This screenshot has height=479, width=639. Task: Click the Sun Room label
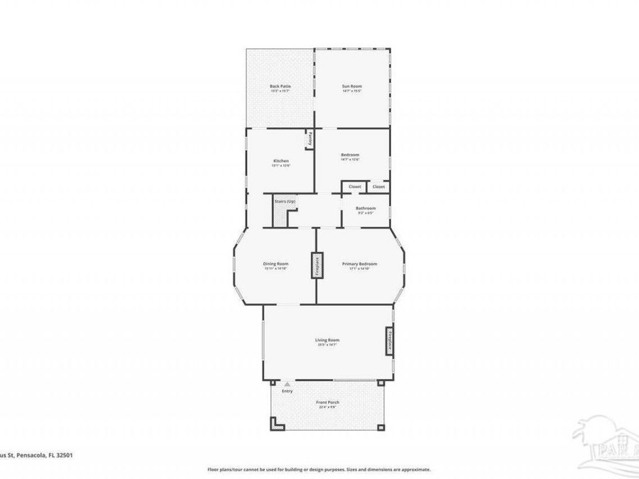pos(352,86)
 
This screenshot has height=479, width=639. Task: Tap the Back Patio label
pos(280,86)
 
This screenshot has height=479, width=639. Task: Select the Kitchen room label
pos(281,161)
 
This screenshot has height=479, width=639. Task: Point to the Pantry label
pos(310,139)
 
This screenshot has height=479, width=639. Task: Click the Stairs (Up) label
pos(285,202)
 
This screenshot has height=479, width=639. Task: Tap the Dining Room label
pos(276,264)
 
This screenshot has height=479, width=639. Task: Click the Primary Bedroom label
pos(359,264)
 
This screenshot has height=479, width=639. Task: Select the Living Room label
pos(327,340)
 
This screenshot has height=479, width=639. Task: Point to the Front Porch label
pos(327,402)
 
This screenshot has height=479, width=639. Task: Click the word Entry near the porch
pos(287,391)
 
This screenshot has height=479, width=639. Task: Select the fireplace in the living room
pos(389,340)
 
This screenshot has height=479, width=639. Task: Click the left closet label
pos(355,187)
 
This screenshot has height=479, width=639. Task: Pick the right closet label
pos(378,187)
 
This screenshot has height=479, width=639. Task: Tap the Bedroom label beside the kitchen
pos(350,155)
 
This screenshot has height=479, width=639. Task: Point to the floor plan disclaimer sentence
pos(319,469)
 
